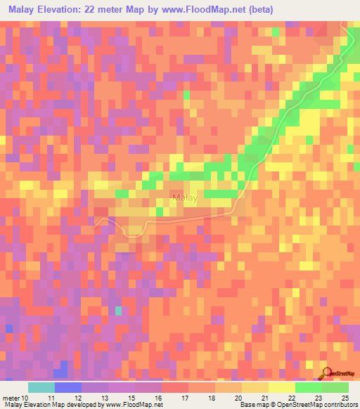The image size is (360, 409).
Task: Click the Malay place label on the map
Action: pos(185,200)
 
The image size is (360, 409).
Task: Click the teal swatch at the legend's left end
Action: pos(41,387)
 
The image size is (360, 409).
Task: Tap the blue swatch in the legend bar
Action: pos(68,387)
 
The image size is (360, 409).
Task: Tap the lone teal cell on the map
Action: pos(118,310)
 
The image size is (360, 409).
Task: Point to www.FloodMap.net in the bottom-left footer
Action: pos(130,405)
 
